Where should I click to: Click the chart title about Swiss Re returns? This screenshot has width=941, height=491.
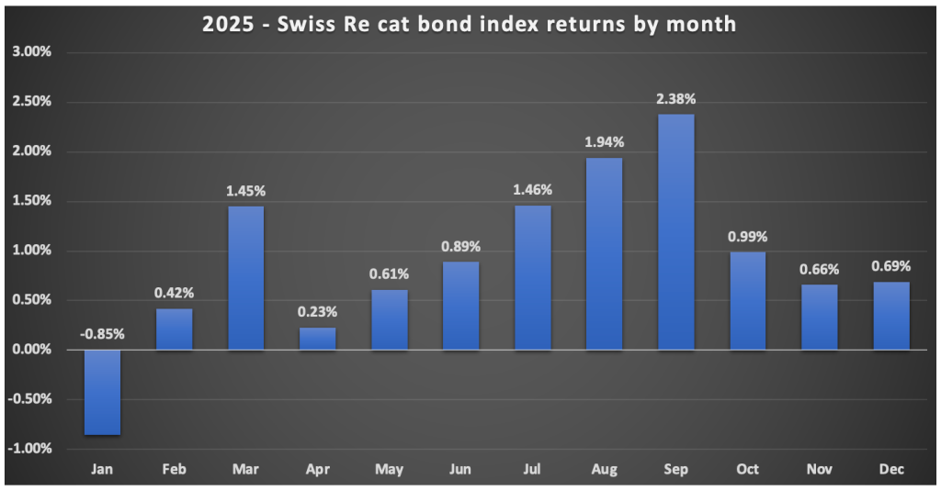[x=470, y=24]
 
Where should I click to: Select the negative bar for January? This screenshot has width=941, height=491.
[x=102, y=392]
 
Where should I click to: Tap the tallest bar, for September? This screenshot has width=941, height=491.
[x=676, y=232]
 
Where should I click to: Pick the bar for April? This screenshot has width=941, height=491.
[x=317, y=339]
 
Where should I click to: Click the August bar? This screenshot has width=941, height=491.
[x=605, y=254]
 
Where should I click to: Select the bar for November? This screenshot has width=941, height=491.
[x=820, y=318]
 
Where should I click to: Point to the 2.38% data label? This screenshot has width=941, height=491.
[x=676, y=99]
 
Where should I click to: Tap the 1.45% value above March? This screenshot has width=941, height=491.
[x=245, y=191]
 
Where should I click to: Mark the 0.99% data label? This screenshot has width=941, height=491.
[x=748, y=236]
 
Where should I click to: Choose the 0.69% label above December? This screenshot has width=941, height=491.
[x=891, y=266]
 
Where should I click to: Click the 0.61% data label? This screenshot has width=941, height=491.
[x=389, y=273]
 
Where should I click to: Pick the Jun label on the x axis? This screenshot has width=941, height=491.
[x=460, y=470]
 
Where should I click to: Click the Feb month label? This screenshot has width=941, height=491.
[x=174, y=470]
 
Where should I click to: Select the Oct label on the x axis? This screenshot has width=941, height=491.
[x=748, y=470]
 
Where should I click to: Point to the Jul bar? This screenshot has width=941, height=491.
[x=533, y=278]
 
